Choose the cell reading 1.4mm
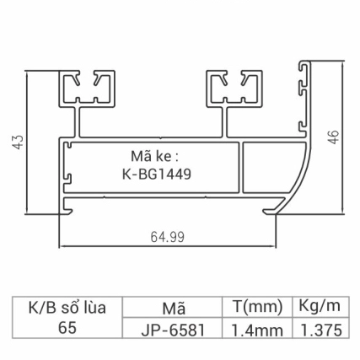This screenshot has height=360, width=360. click(256, 329)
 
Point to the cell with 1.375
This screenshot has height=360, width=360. click(320, 329)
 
